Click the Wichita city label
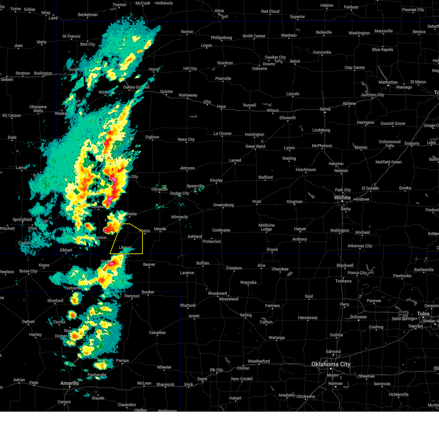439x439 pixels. [x=342, y=198]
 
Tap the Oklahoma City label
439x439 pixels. [x=331, y=364]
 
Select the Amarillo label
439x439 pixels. [x=70, y=383]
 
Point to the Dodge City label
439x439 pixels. [x=180, y=193]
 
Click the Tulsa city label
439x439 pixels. [x=423, y=314]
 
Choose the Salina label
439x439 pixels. [x=325, y=109]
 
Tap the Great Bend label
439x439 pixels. [x=255, y=146]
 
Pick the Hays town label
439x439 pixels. [x=221, y=106]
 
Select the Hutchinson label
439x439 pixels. [x=306, y=170]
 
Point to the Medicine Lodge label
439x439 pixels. [x=266, y=227]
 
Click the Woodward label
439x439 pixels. [x=218, y=293]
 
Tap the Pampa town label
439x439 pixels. [x=123, y=360]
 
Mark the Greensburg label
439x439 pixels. [x=224, y=205]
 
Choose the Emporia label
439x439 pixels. [x=412, y=143]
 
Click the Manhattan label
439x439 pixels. [x=388, y=82]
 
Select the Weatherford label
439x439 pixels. [x=259, y=361]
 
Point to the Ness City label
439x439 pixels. [x=186, y=139]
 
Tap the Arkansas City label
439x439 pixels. [x=360, y=246]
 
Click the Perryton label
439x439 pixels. [x=132, y=296]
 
